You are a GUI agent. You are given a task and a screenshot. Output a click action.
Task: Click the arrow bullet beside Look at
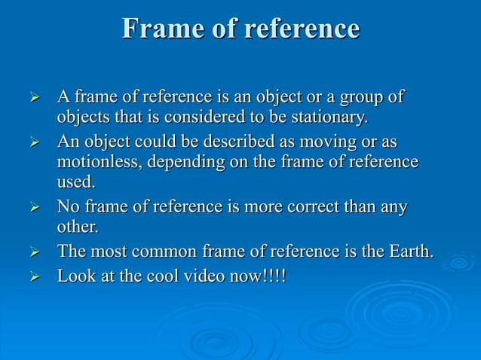pyautogui.click(x=32, y=276)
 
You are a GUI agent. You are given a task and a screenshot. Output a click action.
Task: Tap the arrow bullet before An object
pyautogui.click(x=32, y=143)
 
